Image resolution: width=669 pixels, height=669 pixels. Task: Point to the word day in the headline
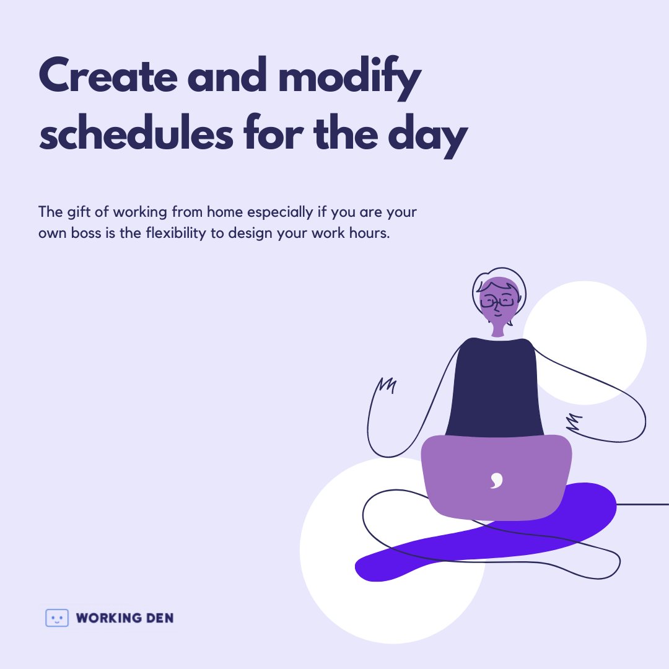pos(427,136)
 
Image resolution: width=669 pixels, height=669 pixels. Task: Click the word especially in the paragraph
pos(281,212)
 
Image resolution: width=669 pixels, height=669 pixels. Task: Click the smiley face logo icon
pos(57,618)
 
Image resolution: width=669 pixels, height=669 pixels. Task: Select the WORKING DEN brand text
pos(125,618)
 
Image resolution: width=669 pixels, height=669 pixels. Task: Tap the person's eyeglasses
pos(497,302)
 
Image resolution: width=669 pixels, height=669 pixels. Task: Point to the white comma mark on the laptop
pos(496,480)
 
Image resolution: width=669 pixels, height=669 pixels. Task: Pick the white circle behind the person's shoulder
pos(595,334)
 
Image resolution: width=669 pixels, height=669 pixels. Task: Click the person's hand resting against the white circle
pos(574,422)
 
